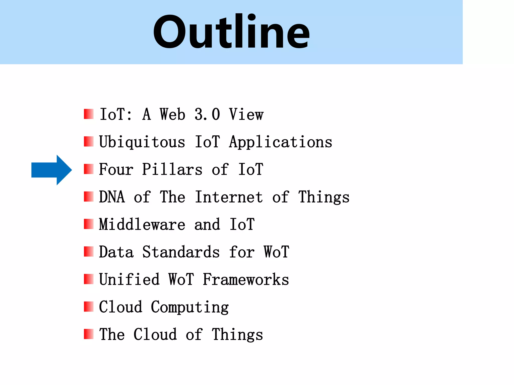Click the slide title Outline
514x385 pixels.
231,32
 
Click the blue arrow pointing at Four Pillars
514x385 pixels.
51,170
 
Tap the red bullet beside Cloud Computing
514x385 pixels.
89,307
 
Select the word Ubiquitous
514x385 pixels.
142,142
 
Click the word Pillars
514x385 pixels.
172,169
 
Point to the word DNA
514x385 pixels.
112,197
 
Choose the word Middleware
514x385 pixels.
142,224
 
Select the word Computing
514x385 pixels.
190,307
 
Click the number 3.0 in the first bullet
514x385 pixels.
207,115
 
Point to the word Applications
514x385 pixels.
281,142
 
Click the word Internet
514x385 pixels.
229,197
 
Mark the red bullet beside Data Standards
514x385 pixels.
89,252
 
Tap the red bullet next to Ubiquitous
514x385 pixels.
89,142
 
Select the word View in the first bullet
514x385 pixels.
246,115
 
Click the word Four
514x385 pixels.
116,169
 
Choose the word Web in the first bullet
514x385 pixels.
172,115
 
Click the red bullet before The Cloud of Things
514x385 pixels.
89,334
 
